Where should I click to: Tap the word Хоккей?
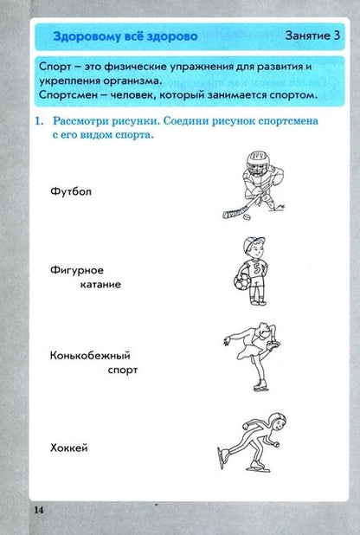coord(70,448)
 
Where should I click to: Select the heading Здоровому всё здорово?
coord(125,36)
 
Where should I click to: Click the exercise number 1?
coord(39,123)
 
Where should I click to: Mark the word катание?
coord(97,284)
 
